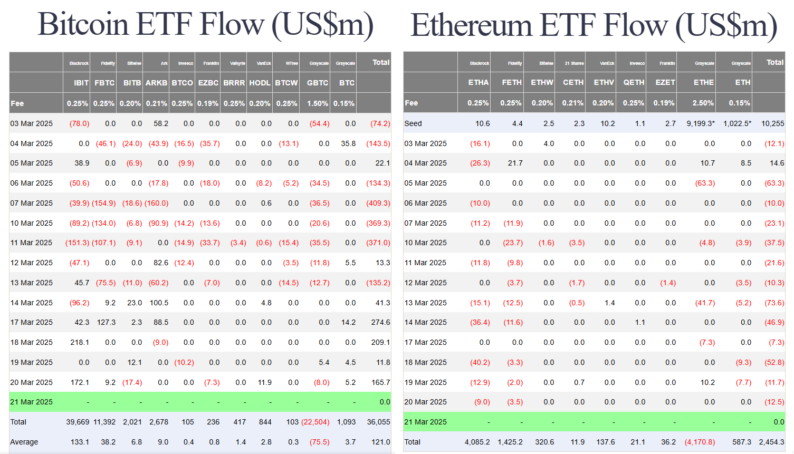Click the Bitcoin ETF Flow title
click(205, 24)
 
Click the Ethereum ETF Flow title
click(594, 25)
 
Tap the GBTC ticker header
click(318, 83)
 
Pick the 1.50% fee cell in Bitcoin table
click(318, 103)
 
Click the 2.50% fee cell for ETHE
click(703, 103)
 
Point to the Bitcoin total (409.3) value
click(378, 203)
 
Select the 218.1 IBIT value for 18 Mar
click(80, 342)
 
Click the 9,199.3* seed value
click(701, 123)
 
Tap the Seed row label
click(413, 123)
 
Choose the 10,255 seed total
click(772, 123)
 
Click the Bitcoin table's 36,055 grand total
click(378, 422)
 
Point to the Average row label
click(24, 442)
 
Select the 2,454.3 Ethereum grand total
click(771, 442)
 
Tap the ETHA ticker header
click(479, 82)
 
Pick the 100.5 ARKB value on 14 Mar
click(159, 303)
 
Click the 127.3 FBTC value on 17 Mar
click(106, 322)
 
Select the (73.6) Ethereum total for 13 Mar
click(774, 303)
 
